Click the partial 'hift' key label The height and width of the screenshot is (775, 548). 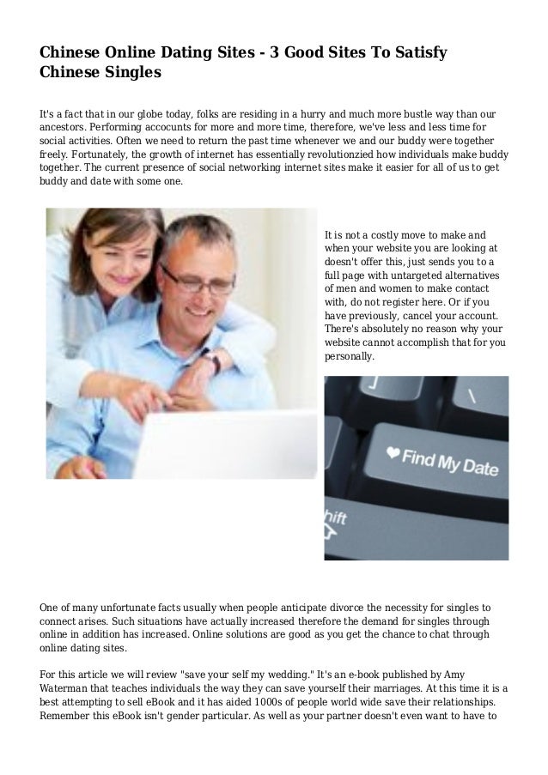[336, 518]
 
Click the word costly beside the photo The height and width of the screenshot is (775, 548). [380, 233]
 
